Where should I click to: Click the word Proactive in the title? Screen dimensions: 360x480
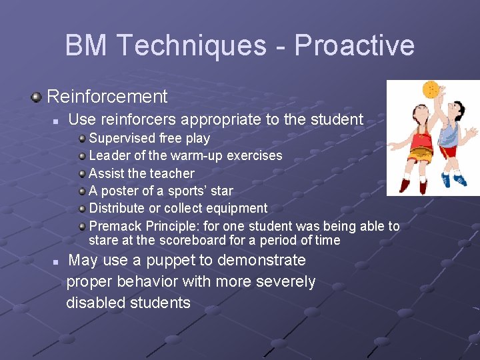(x=354, y=46)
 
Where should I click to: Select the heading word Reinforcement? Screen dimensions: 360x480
(x=107, y=97)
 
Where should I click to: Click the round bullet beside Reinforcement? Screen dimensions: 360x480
(x=37, y=97)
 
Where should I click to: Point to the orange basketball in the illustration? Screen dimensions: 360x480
(x=431, y=88)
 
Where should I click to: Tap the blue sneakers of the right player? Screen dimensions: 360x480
(x=452, y=179)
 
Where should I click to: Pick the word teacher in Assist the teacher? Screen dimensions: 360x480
(x=170, y=173)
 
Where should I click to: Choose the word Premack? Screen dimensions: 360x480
(x=115, y=226)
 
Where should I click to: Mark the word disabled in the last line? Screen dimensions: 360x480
(x=94, y=303)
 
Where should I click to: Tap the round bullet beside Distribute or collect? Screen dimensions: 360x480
(x=81, y=209)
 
